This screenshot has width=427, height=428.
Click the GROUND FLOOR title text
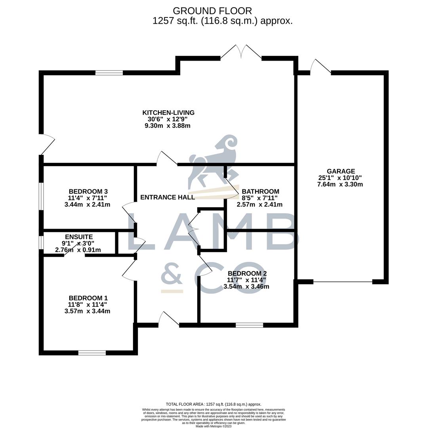(x=212, y=11)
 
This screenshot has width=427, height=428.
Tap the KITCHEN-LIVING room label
(x=168, y=113)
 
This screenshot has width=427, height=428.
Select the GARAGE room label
(x=341, y=171)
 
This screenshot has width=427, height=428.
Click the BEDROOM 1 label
(x=88, y=298)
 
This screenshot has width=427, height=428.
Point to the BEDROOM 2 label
(x=247, y=273)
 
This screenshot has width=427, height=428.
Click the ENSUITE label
(x=79, y=237)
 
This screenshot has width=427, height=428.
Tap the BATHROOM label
(x=260, y=191)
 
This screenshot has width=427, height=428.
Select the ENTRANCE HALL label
(x=168, y=197)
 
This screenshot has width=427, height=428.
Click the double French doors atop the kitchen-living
(x=241, y=53)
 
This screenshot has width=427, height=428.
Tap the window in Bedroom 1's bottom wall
(x=92, y=353)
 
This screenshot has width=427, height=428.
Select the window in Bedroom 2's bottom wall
(x=249, y=325)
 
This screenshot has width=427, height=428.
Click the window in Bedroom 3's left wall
(x=41, y=196)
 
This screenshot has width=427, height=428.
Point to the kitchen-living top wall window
(x=109, y=73)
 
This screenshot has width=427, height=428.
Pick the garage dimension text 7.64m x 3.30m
(x=340, y=184)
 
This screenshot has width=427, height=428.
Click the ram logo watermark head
(x=230, y=145)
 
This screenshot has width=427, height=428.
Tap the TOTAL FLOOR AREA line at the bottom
(x=213, y=404)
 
